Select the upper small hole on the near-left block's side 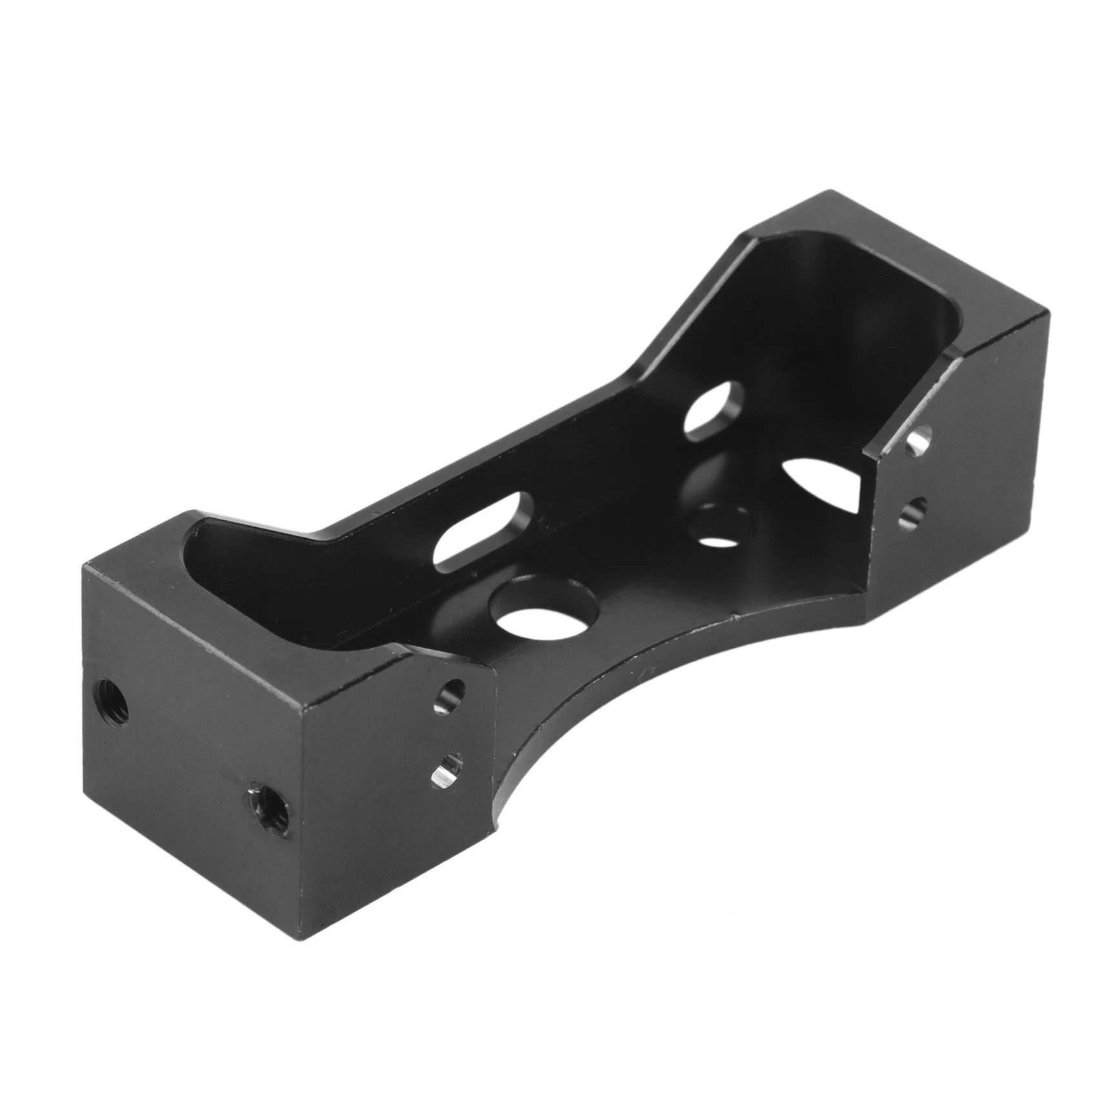pos(450,695)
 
